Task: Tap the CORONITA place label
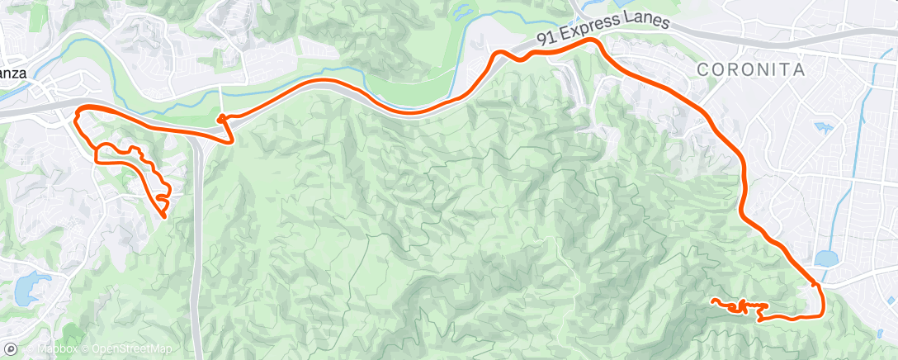(x=751, y=70)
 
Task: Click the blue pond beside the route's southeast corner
(x=826, y=258)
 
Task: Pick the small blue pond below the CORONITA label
(x=823, y=128)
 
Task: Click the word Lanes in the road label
(x=649, y=23)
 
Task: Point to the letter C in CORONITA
(x=702, y=71)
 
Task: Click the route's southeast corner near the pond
(x=820, y=314)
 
